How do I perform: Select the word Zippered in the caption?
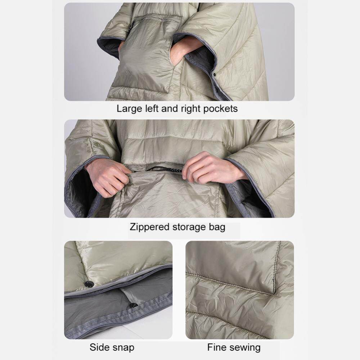(150, 227)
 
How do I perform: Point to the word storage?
(189, 227)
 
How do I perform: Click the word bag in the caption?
(217, 227)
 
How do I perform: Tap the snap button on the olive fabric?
(89, 284)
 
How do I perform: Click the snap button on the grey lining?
(134, 305)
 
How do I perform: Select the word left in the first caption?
(152, 109)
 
